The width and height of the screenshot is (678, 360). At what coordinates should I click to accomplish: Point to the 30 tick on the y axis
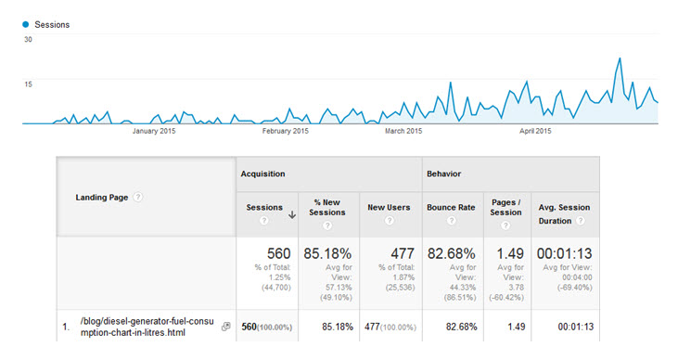(x=28, y=40)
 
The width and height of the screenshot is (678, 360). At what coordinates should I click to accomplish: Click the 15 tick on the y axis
(x=28, y=84)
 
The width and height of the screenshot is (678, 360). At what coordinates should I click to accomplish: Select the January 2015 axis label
(x=154, y=131)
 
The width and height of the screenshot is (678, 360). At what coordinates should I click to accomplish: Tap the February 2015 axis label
(x=285, y=131)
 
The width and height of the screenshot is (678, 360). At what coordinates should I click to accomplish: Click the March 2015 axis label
(x=403, y=131)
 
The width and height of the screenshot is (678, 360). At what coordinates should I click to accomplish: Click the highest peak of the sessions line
(x=619, y=58)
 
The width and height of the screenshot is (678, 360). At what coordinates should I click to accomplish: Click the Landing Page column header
(x=102, y=197)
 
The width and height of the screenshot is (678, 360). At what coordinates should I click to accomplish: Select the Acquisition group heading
(x=263, y=174)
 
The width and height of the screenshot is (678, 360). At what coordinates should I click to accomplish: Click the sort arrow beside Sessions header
(x=292, y=214)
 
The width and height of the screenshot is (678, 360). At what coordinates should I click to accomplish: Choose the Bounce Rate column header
(x=450, y=207)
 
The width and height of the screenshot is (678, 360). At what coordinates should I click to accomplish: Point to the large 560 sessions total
(x=279, y=253)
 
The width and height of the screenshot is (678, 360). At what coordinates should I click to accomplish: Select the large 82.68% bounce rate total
(x=450, y=253)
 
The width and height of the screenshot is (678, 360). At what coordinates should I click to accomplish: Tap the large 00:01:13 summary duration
(x=565, y=253)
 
